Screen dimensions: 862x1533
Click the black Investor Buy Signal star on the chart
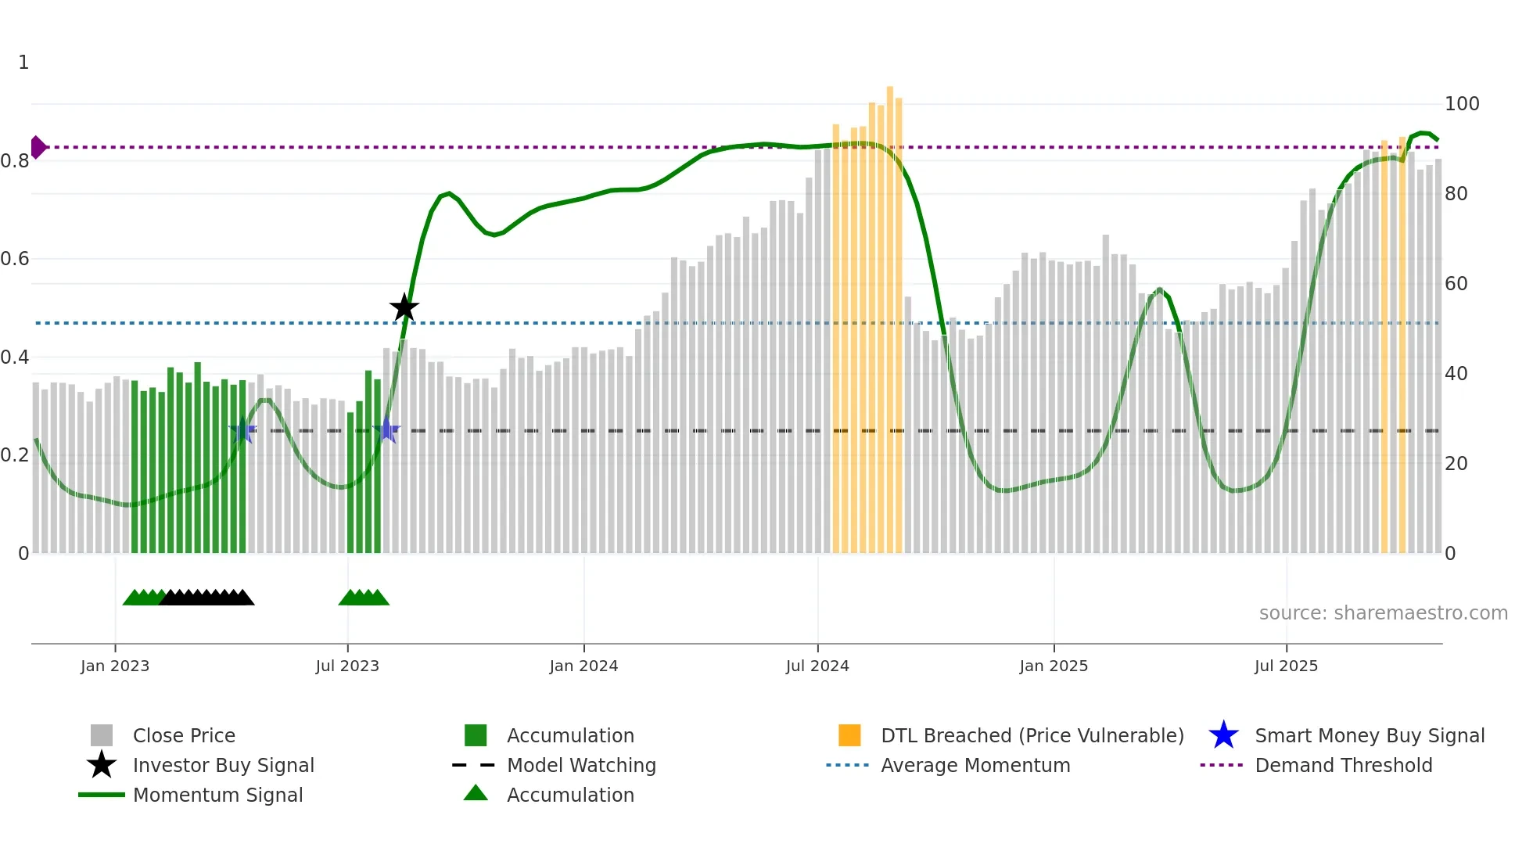[404, 308]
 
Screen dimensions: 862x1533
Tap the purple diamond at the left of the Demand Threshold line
[38, 147]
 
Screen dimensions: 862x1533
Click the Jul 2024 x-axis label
[817, 666]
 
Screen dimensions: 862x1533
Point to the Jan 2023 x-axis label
[115, 666]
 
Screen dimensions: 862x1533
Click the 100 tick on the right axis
[1461, 104]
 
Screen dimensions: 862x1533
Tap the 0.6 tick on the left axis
[16, 259]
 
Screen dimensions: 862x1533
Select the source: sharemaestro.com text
[1383, 613]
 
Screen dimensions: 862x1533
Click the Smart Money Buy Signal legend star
[1223, 735]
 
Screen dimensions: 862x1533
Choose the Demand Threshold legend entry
[1343, 766]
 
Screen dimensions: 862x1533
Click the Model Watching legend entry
[580, 766]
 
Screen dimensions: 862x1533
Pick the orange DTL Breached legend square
[849, 735]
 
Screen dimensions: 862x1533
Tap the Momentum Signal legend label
[217, 796]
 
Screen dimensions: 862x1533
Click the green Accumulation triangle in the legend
[476, 793]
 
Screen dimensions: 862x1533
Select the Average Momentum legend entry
[975, 766]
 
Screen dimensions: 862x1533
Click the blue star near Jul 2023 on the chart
[386, 429]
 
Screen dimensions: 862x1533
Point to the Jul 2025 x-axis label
[1286, 666]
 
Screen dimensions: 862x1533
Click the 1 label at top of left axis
[23, 63]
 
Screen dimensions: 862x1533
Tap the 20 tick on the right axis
[1456, 464]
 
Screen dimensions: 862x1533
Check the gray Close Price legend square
[102, 735]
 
